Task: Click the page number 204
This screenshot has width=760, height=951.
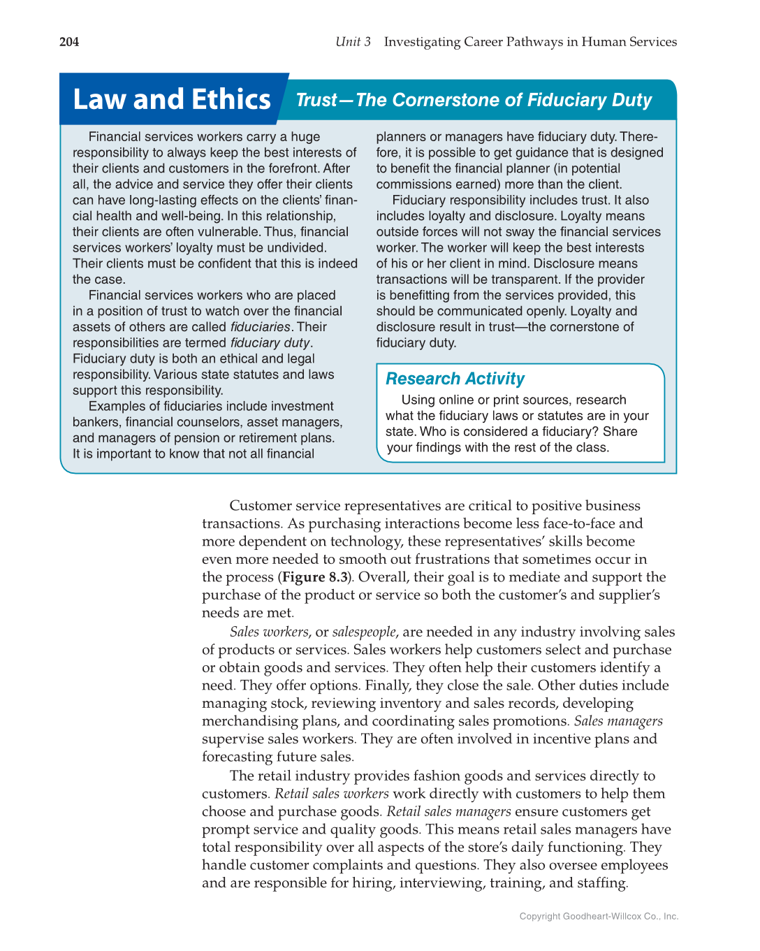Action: (69, 42)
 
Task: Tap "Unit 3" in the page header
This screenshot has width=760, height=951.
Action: (353, 42)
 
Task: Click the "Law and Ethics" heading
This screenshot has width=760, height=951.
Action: (172, 99)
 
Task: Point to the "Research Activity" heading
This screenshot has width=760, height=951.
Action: (455, 379)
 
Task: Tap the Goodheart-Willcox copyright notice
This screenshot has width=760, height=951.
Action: (599, 916)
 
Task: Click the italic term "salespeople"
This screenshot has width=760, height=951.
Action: (364, 632)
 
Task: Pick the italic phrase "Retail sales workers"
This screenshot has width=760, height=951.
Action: (332, 794)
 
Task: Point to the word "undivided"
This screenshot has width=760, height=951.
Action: (293, 248)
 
